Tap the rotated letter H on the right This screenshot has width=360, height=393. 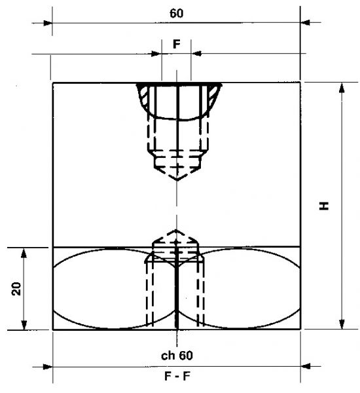(324, 206)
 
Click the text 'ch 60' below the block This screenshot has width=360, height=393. (177, 356)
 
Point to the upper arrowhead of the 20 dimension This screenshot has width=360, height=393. (24, 252)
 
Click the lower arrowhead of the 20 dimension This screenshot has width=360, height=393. (24, 326)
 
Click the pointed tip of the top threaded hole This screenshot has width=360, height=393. (177, 181)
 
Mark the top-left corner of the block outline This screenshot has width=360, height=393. (52, 83)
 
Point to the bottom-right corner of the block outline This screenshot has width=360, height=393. (300, 330)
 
